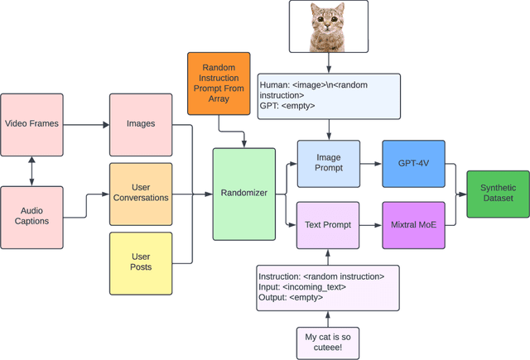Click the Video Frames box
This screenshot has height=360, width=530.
click(32, 124)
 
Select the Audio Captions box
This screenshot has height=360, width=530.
click(32, 217)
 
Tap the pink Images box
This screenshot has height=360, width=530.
click(140, 124)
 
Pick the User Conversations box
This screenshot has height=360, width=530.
click(140, 194)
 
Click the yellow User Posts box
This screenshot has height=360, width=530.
click(140, 262)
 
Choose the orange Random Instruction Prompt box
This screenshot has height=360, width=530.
click(219, 83)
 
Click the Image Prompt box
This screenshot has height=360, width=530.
click(329, 163)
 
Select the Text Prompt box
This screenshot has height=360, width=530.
click(329, 224)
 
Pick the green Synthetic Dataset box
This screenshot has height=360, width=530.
click(497, 194)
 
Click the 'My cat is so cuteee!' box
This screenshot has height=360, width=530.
click(329, 343)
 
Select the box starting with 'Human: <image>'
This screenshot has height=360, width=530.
click(329, 96)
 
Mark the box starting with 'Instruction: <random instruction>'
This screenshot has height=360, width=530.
click(329, 287)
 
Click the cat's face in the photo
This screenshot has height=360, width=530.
click(329, 25)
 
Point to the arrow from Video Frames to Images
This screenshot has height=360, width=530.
click(87, 124)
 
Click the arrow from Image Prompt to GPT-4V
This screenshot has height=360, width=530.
click(371, 163)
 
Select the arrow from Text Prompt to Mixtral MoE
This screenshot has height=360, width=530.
click(371, 224)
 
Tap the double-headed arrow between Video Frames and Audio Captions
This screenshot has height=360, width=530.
click(32, 170)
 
